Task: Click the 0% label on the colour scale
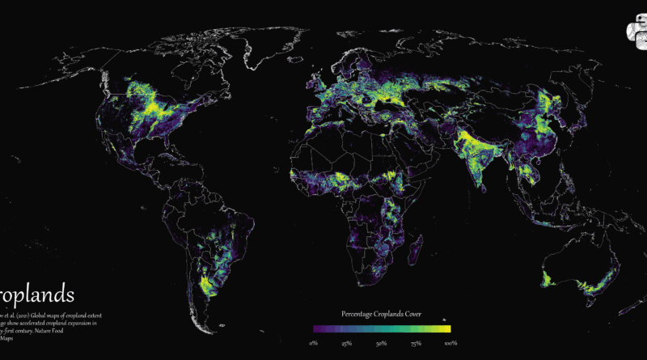pyautogui.click(x=314, y=344)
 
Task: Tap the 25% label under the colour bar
pyautogui.click(x=346, y=344)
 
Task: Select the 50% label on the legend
pyautogui.click(x=381, y=344)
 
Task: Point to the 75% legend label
pyautogui.click(x=416, y=344)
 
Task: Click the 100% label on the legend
pyautogui.click(x=450, y=344)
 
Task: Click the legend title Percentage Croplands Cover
pyautogui.click(x=381, y=313)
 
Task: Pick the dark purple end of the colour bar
pyautogui.click(x=316, y=329)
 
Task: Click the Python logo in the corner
pyautogui.click(x=636, y=32)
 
